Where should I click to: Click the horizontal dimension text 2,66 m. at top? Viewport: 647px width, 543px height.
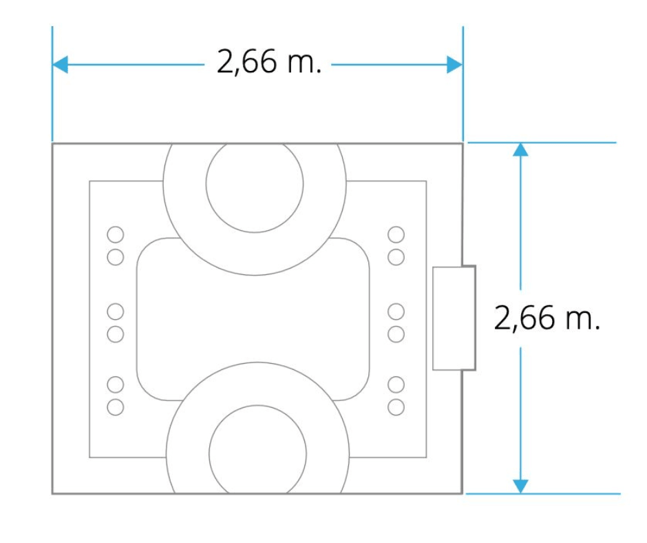(x=268, y=62)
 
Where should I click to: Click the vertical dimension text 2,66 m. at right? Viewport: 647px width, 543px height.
(x=547, y=318)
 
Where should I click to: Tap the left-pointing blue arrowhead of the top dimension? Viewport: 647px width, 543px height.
(x=61, y=65)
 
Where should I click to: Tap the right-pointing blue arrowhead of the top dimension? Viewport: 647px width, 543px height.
(x=455, y=65)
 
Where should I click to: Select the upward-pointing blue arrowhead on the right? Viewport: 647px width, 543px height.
(x=520, y=150)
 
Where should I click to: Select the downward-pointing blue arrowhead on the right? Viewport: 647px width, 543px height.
(x=520, y=486)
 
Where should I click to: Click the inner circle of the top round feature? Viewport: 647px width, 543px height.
(x=255, y=184)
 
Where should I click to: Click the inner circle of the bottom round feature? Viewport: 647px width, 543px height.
(x=257, y=451)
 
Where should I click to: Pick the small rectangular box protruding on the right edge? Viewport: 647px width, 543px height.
(x=454, y=318)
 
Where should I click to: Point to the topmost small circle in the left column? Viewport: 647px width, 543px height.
(x=115, y=234)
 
